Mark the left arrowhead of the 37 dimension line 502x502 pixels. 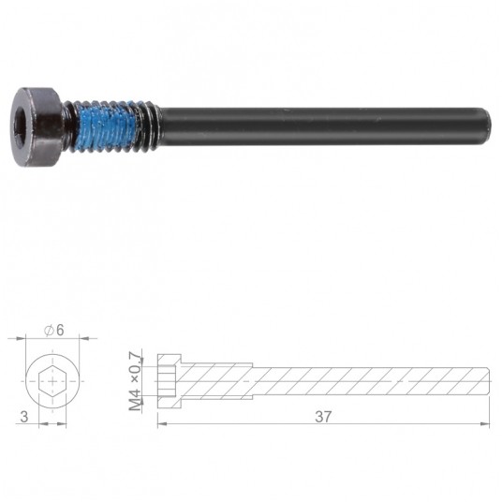[161, 423]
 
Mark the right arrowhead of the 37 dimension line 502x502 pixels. [486, 423]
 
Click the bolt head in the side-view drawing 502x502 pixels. [170, 381]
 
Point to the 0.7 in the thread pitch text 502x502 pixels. [136, 361]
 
